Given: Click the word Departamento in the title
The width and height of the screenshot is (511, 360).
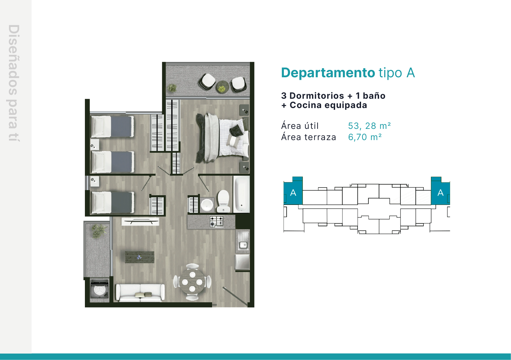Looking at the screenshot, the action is click(328, 73).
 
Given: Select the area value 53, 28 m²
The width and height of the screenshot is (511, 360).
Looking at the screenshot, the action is click(369, 126).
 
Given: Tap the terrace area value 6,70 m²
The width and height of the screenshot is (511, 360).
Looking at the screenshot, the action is click(365, 137).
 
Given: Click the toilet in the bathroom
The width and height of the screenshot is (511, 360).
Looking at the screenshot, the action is click(223, 201).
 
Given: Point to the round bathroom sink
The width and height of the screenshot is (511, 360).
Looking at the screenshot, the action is click(207, 205).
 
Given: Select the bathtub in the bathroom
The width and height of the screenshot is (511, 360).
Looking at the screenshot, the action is click(241, 194).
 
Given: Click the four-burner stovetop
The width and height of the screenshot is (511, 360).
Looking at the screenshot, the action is click(216, 222).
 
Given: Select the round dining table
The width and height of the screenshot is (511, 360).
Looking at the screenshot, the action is click(192, 282).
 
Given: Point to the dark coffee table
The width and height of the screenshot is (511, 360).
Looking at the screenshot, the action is click(140, 257).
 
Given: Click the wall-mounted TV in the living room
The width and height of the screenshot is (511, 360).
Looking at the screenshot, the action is click(140, 222).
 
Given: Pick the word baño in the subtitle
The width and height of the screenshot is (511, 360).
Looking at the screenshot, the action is click(374, 96).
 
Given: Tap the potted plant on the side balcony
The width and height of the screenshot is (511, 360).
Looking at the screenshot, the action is click(99, 231).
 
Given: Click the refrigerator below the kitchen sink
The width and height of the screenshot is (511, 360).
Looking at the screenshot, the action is click(243, 262).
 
